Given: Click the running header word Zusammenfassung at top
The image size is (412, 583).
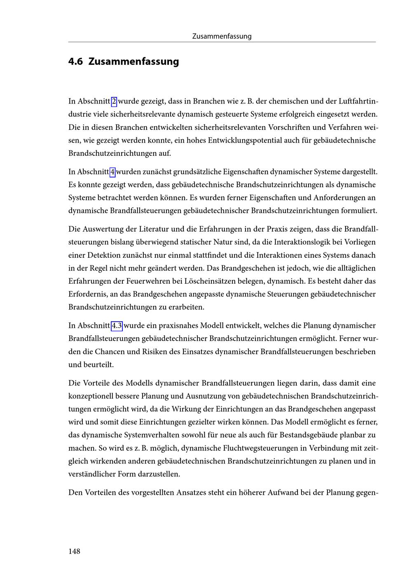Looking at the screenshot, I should point(222,36).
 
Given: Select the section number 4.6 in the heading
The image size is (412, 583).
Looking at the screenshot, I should point(76,62).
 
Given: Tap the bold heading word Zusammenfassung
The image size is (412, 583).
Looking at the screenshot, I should point(133,62).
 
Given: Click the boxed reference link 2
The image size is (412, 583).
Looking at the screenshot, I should point(114,101).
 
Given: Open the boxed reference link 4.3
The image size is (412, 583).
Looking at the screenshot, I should point(117,326).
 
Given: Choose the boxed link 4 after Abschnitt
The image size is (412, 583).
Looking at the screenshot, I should point(113,172).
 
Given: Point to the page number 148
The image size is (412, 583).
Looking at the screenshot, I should point(75,551).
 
